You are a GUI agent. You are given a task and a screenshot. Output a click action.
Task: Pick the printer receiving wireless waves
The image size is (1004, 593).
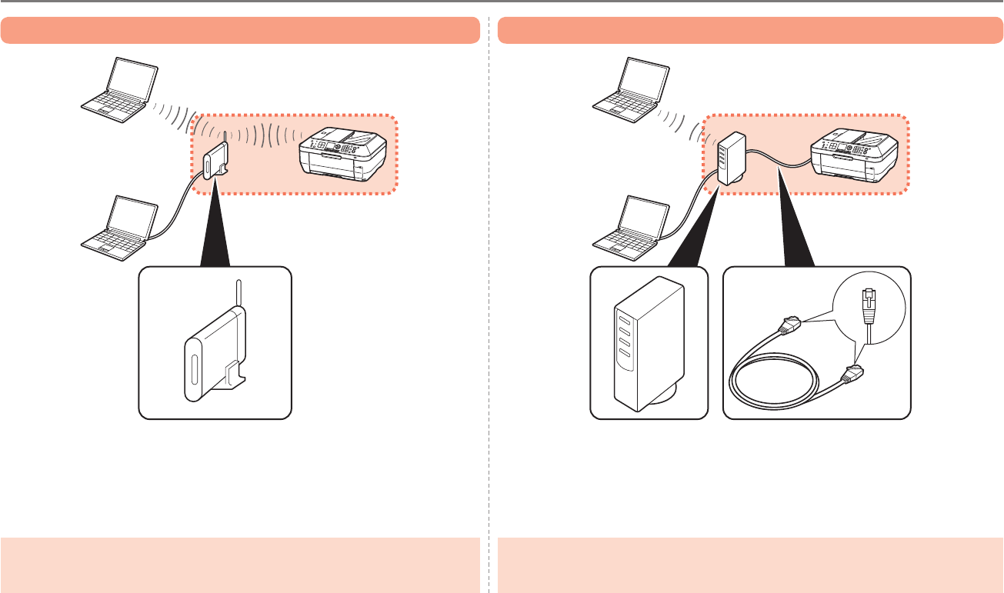point(342,156)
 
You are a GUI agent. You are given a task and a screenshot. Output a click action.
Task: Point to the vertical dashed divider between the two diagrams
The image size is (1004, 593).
point(489,308)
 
